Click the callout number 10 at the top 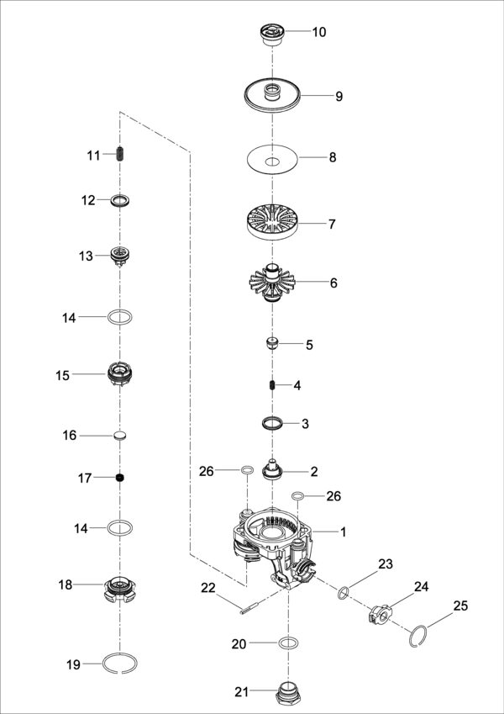[x=319, y=33]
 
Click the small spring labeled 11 [x=120, y=155]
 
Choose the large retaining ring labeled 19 [x=120, y=664]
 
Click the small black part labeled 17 [x=120, y=479]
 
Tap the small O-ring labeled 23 [x=344, y=594]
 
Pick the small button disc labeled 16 [x=120, y=436]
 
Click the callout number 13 [x=86, y=256]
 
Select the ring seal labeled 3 [x=272, y=423]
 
